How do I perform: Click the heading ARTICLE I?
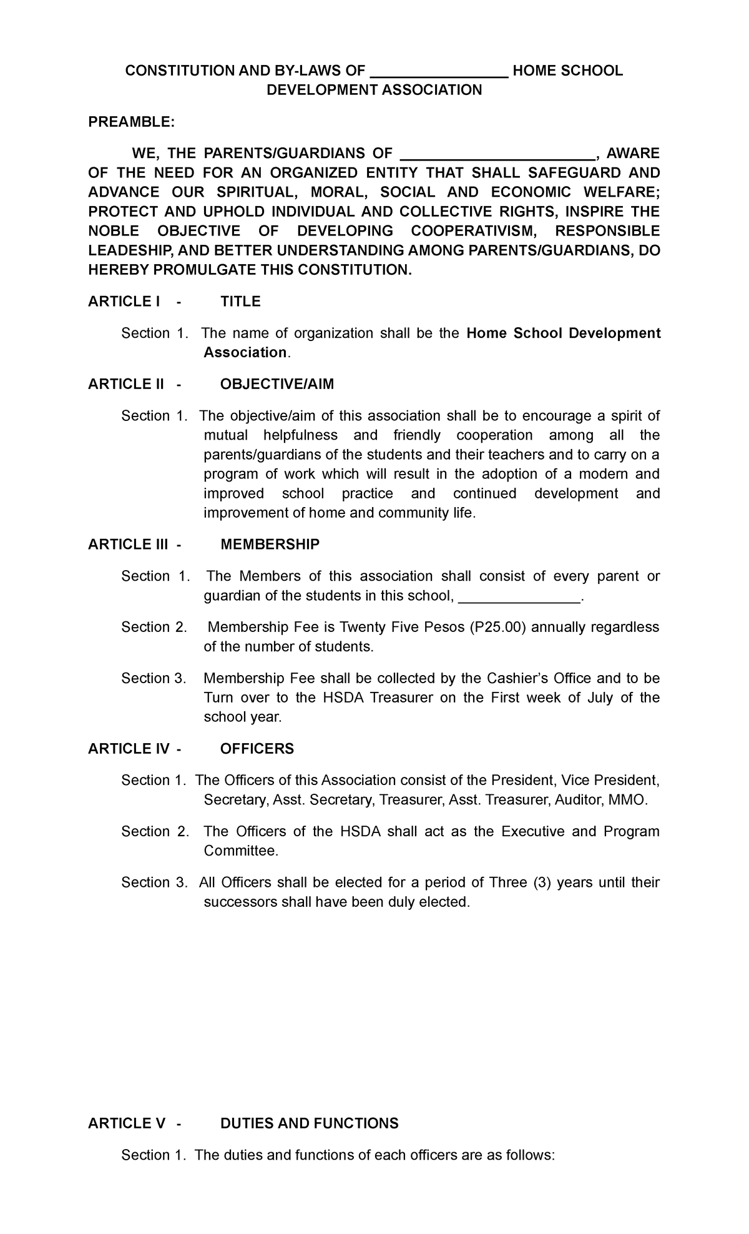pos(124,302)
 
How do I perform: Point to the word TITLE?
pos(240,302)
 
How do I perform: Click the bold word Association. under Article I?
pos(246,353)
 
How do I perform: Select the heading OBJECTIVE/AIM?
pos(277,384)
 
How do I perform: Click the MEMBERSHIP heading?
pos(270,545)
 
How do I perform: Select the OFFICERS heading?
pos(257,749)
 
